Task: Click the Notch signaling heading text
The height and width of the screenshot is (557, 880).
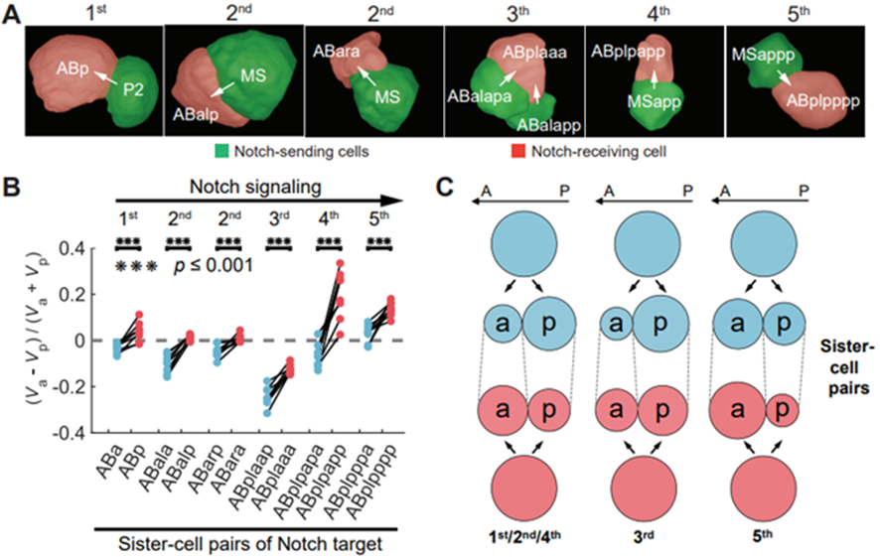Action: tap(252, 186)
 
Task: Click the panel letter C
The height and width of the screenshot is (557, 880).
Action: tap(447, 186)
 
